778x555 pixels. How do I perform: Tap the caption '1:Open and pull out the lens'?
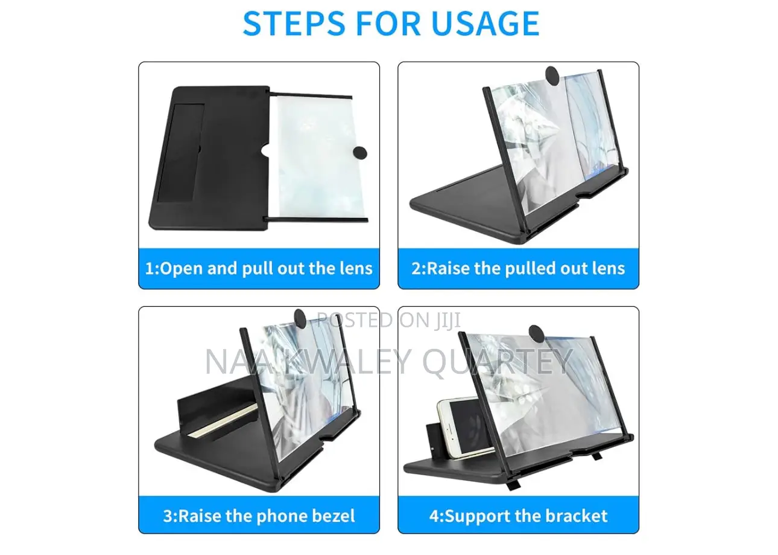259,268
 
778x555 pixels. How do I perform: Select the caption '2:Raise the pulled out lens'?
518,268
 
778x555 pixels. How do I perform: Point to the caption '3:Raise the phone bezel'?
259,516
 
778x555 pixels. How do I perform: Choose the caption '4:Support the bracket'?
518,516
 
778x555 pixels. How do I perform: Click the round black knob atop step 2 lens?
552,74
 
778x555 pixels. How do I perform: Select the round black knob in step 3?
300,316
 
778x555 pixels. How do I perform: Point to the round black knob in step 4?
536,333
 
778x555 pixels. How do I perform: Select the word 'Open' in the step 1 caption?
180,268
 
